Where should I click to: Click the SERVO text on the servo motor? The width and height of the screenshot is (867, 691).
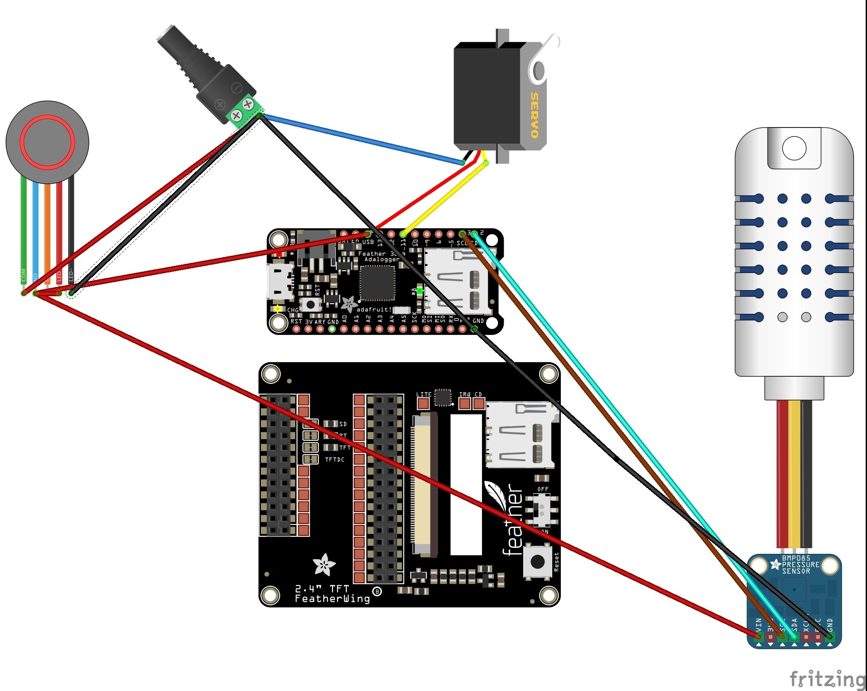tap(534, 115)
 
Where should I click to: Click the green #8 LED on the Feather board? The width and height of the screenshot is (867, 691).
tap(420, 291)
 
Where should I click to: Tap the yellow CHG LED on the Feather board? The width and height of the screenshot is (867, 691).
tap(278, 309)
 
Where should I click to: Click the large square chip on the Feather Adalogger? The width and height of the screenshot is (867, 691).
tap(377, 283)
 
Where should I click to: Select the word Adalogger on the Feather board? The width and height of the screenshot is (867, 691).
tap(381, 259)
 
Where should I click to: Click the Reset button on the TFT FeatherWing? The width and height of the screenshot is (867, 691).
tap(537, 561)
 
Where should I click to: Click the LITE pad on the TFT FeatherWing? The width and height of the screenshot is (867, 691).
tap(423, 404)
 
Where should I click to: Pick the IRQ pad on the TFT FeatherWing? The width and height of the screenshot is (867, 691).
tap(465, 403)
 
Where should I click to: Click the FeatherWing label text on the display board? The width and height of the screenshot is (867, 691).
tap(332, 599)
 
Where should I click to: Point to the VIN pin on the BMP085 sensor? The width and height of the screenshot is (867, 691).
tap(758, 636)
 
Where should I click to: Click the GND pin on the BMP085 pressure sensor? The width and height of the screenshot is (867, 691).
tap(830, 636)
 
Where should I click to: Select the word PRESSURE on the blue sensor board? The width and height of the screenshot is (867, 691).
tap(800, 564)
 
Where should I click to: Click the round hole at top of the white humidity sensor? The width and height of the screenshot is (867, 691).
tap(794, 148)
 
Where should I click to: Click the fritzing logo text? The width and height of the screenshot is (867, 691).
tap(827, 679)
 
